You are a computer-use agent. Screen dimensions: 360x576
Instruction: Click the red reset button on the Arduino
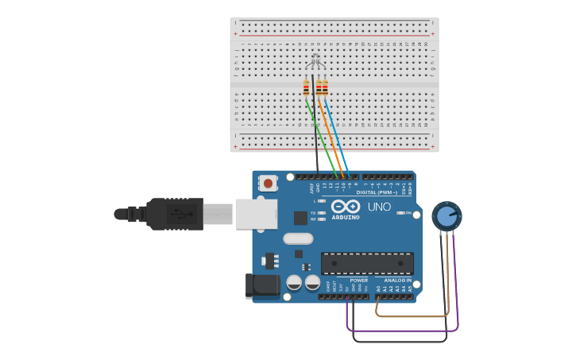tap(268, 184)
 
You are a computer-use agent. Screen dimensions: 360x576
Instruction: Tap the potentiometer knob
tap(446, 215)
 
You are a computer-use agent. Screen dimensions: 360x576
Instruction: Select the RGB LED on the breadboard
tap(315, 60)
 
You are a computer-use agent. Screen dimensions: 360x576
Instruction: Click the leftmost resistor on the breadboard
tap(306, 87)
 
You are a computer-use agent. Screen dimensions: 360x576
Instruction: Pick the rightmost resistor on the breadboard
tap(325, 87)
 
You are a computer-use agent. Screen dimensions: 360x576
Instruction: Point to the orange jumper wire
tap(332, 139)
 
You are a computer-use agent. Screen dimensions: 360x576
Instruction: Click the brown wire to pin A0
tap(413, 315)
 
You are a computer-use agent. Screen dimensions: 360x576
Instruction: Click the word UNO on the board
tap(379, 207)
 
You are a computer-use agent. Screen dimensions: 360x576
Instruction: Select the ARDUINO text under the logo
tap(346, 217)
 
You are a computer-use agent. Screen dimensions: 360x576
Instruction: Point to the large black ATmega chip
tap(367, 263)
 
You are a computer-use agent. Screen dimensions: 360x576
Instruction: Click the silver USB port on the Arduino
tap(256, 214)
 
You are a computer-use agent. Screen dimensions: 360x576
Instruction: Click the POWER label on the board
tap(359, 280)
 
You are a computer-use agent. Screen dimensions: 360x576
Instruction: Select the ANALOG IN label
tap(398, 280)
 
